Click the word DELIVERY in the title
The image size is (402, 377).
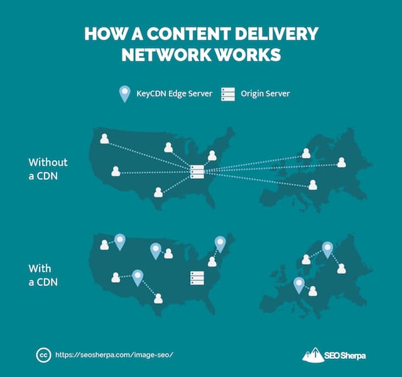click(277, 33)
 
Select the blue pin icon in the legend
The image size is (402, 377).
click(125, 94)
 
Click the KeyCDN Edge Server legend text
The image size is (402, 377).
click(173, 94)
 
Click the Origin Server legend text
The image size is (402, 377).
click(264, 94)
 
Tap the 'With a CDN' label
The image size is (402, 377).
click(43, 275)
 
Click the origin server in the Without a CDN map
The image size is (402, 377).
click(197, 171)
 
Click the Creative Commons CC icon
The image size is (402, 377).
click(43, 354)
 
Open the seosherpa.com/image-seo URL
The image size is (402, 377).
click(114, 354)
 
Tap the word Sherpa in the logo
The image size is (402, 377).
click(352, 355)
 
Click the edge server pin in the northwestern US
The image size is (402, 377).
click(119, 241)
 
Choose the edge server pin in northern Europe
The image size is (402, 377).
click(327, 249)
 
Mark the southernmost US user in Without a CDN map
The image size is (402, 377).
click(158, 192)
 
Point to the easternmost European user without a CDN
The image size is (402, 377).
click(341, 162)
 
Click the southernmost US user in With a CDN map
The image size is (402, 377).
click(158, 298)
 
